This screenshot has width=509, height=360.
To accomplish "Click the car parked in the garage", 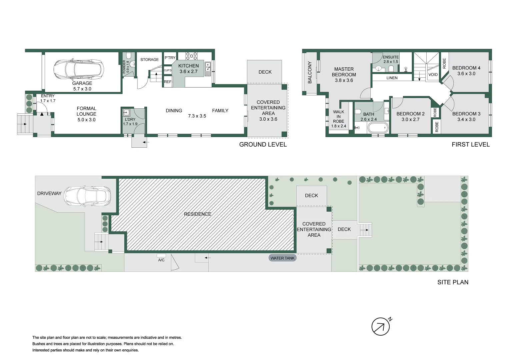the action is [79, 70].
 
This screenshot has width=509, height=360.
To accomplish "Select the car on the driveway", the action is [87, 196].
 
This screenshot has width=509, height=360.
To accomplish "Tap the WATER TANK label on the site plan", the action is [282, 258].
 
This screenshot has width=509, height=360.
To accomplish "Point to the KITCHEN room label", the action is [188, 66].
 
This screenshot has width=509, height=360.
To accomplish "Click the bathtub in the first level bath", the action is [378, 128].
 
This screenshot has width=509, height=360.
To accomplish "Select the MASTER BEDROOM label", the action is [344, 72].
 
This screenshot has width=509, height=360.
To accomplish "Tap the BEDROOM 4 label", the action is [466, 68].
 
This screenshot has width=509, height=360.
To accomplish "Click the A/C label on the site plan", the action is [161, 260].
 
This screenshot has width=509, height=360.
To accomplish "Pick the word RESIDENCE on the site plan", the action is [197, 214].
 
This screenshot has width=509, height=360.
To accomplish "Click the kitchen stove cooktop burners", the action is [191, 56].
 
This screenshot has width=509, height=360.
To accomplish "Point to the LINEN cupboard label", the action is [392, 78].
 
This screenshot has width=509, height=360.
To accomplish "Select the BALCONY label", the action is [310, 72].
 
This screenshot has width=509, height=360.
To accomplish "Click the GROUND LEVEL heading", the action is [263, 145].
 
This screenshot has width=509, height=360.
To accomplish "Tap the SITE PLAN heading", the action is [453, 282].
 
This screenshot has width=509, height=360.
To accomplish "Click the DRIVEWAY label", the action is [49, 193].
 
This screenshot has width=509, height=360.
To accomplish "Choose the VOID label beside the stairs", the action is [433, 75].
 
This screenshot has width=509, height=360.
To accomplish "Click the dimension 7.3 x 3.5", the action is [197, 116].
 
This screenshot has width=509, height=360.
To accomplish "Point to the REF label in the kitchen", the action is [168, 82].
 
